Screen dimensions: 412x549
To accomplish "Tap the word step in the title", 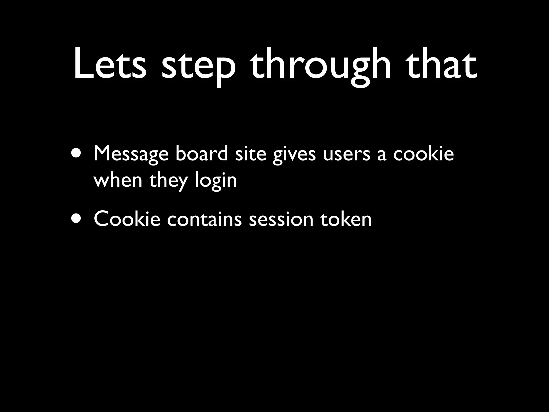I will (x=198, y=67).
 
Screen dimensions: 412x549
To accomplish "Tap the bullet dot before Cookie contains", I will (x=77, y=219).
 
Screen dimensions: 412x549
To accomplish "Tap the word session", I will (x=281, y=219).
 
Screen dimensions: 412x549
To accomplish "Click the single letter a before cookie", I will (x=382, y=156).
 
